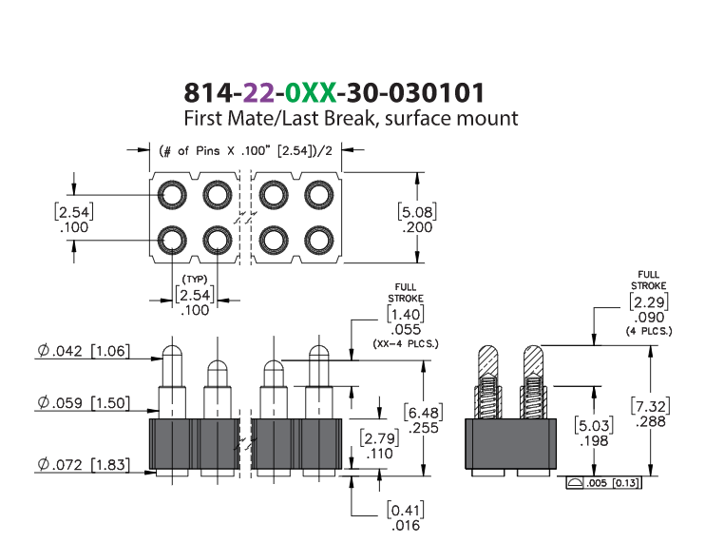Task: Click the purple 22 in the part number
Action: (x=258, y=92)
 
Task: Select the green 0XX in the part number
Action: (x=311, y=92)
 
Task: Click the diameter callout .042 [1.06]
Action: (x=84, y=351)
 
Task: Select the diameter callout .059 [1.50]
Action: (x=84, y=402)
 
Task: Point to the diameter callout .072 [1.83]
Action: (x=84, y=464)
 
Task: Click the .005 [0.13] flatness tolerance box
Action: (x=604, y=483)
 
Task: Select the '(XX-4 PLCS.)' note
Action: (x=406, y=344)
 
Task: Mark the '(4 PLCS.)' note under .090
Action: (x=649, y=332)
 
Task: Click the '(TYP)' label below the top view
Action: (x=195, y=280)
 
